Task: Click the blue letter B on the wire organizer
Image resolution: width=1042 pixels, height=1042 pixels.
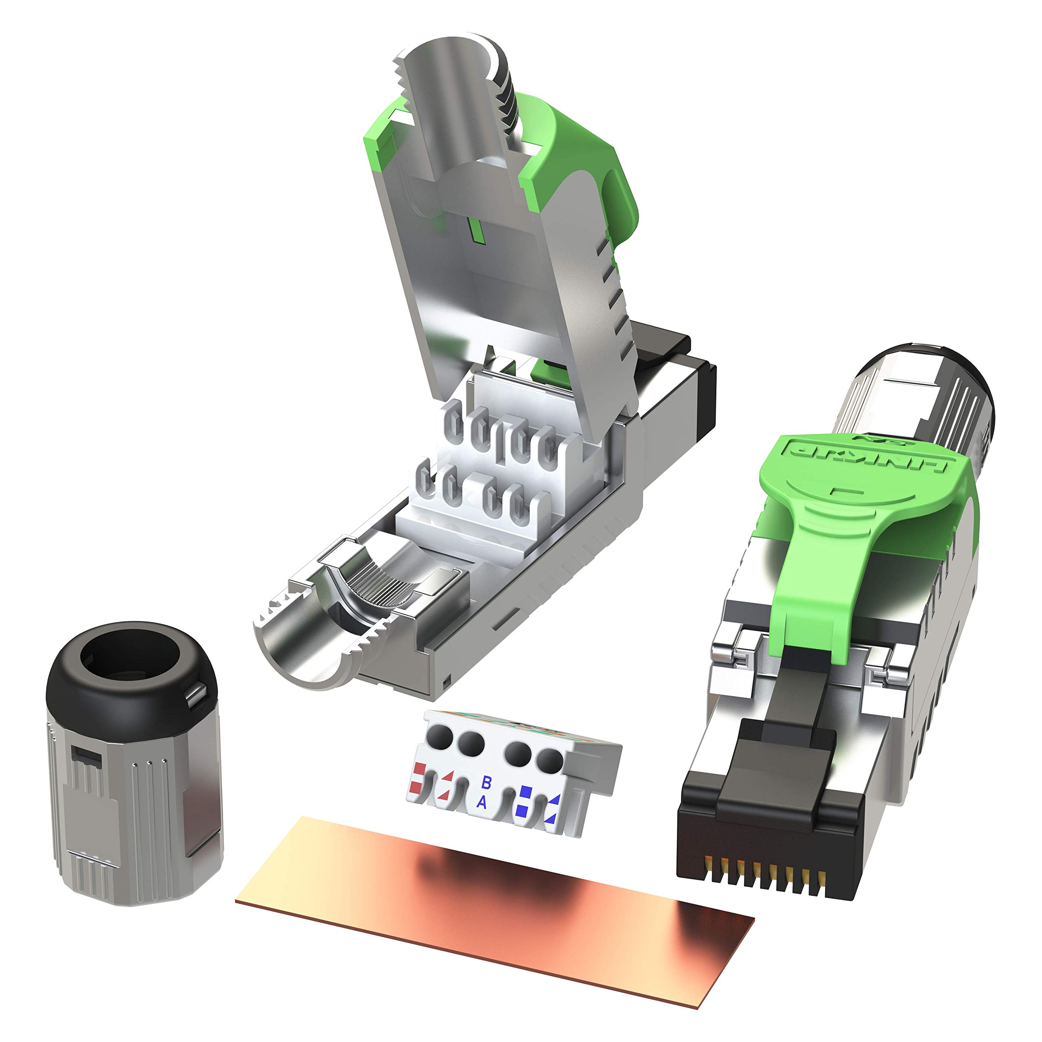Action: tap(486, 782)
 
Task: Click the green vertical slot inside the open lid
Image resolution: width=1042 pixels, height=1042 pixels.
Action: tap(475, 229)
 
